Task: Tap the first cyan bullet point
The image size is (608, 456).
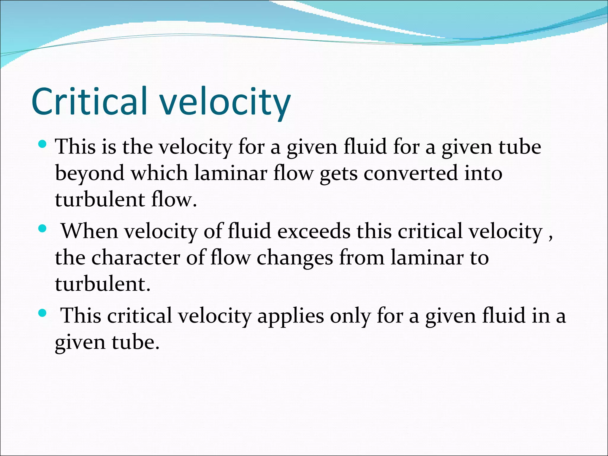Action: tap(43, 145)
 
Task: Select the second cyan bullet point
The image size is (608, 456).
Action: tap(43, 229)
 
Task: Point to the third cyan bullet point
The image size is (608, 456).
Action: tap(43, 313)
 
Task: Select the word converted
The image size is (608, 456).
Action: tap(411, 173)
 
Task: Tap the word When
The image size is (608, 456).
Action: tap(89, 231)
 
